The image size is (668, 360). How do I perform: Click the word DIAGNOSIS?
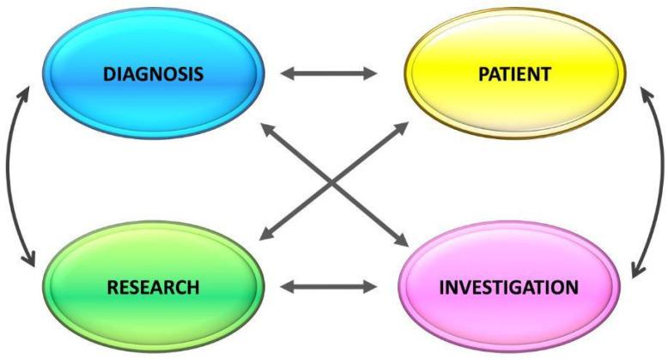(x=155, y=74)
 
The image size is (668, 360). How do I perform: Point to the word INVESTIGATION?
(x=507, y=286)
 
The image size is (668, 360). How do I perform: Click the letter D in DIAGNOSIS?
(x=109, y=74)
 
